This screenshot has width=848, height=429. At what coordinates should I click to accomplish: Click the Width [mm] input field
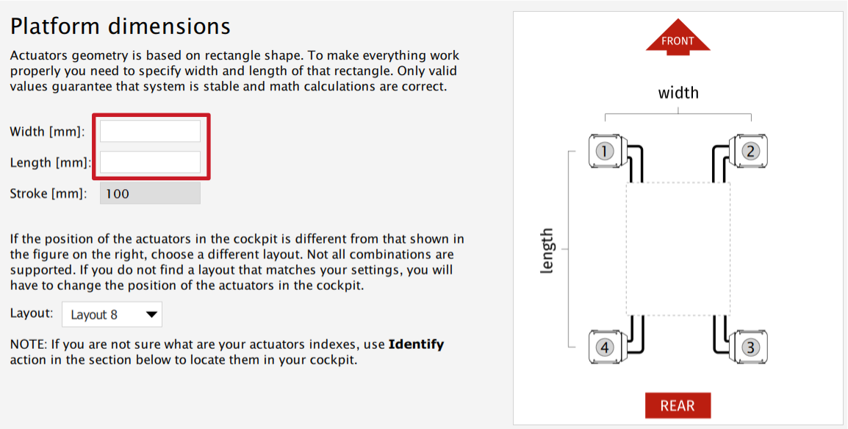(150, 132)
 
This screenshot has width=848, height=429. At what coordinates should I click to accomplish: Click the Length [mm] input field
(150, 162)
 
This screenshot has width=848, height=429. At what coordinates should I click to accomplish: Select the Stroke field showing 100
(150, 194)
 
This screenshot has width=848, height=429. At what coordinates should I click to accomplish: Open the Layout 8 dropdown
(112, 315)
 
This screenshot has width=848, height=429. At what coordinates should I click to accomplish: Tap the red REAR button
(678, 405)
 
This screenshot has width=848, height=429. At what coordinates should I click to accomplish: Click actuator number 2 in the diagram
(750, 152)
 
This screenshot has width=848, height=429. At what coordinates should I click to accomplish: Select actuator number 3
(750, 347)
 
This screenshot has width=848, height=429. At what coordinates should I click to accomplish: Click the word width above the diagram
(678, 93)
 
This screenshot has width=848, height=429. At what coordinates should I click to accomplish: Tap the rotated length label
(546, 251)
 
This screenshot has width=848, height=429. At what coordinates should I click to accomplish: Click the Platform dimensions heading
(121, 26)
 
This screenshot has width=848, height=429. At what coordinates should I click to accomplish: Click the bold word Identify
(416, 344)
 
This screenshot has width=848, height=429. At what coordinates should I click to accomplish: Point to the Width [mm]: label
(48, 132)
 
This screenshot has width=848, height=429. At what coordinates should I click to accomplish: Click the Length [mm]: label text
(51, 163)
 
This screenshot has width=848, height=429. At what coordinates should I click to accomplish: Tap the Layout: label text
(32, 313)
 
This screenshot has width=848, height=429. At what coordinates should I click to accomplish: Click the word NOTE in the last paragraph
(26, 344)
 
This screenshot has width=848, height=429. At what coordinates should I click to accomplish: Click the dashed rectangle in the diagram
(678, 248)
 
